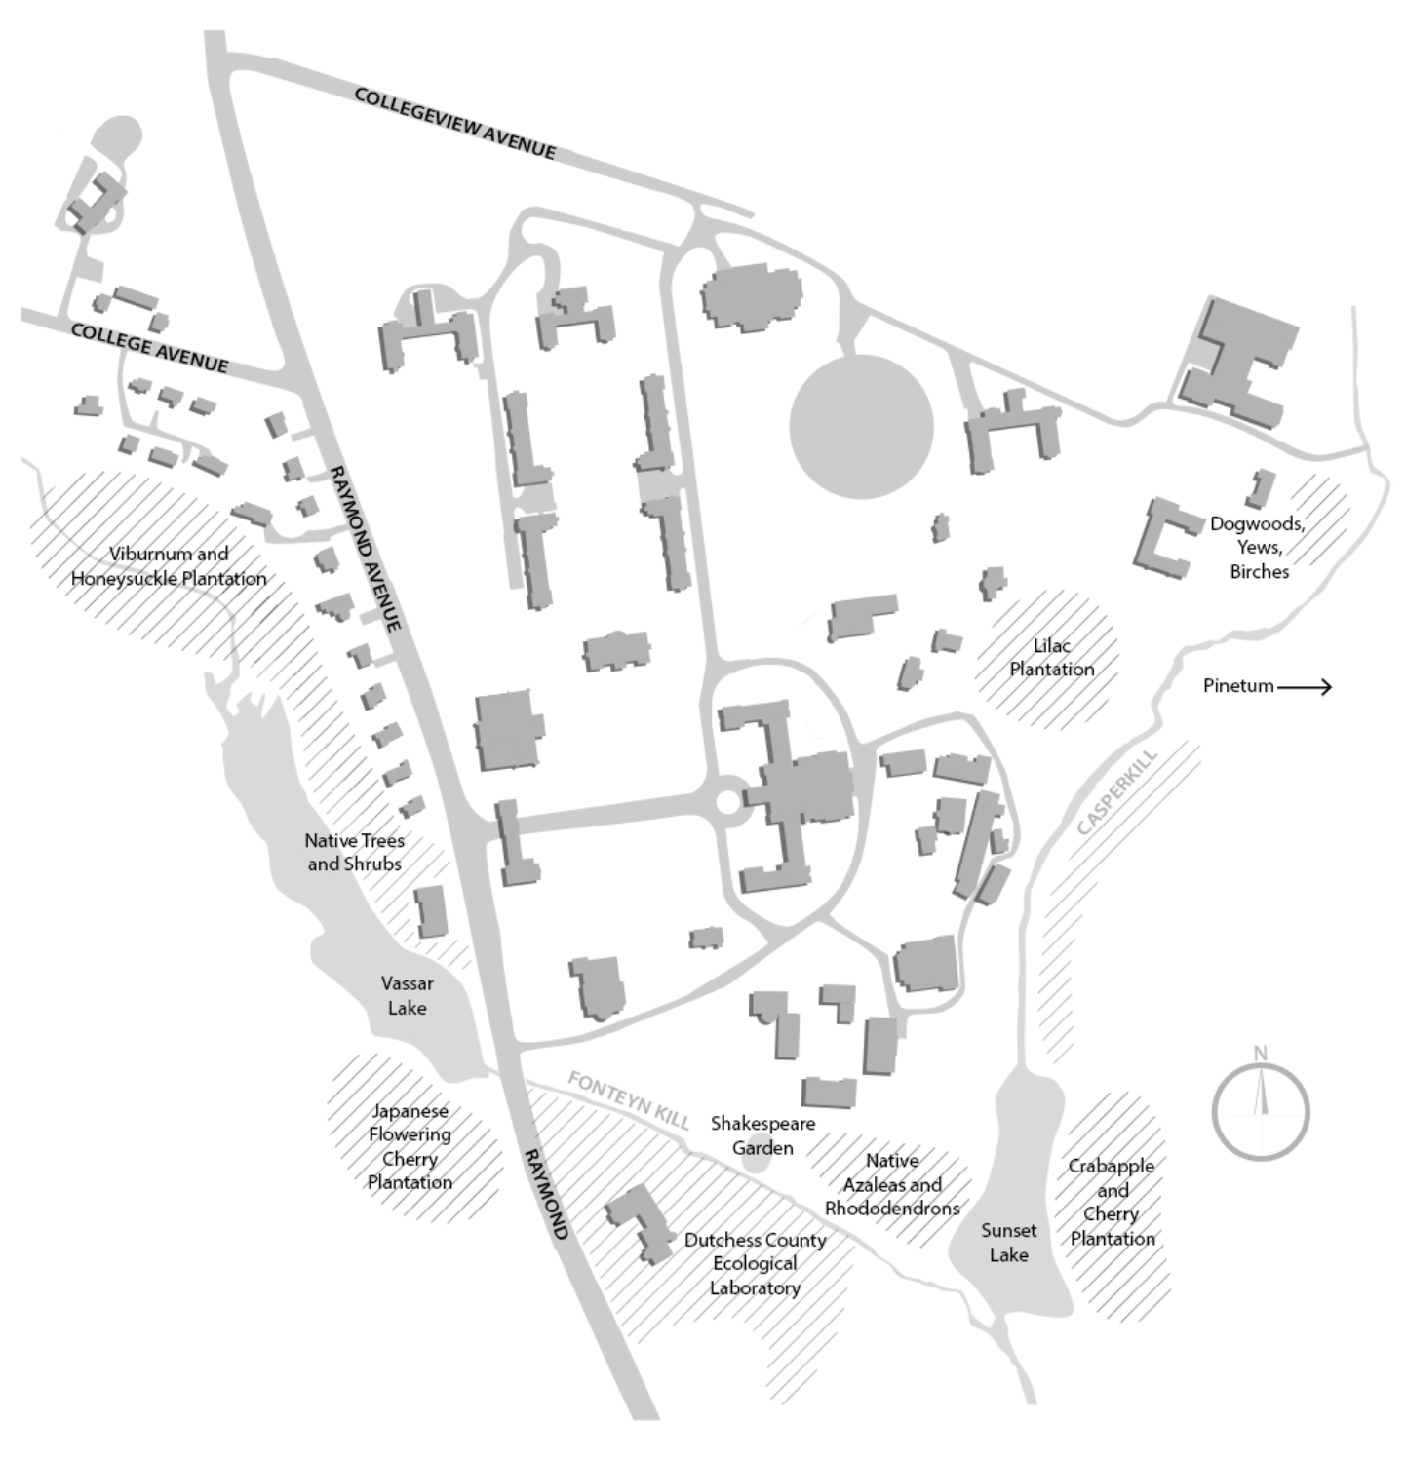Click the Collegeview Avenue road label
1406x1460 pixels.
[454, 124]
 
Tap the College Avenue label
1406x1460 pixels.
[149, 348]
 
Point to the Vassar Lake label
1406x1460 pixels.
[407, 995]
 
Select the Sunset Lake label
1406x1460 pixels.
[1008, 1243]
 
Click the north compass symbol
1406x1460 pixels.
[1261, 1112]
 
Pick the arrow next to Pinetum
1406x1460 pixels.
[1305, 687]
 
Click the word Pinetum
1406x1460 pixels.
[1238, 685]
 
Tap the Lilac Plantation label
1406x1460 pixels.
[1051, 658]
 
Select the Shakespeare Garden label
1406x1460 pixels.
[762, 1135]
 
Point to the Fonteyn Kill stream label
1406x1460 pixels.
[629, 1100]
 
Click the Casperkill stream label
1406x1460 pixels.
[1117, 791]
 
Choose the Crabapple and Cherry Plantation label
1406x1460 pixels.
[1112, 1202]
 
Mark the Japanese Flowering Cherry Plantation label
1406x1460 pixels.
[410, 1146]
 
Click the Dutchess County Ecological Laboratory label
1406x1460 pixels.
[755, 1263]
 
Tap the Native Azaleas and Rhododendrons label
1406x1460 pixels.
[892, 1184]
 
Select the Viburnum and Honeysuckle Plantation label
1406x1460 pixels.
[169, 566]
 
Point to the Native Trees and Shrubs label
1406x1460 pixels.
[354, 852]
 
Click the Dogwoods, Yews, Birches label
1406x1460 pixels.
[1258, 547]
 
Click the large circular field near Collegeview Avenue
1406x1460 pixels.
[861, 427]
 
